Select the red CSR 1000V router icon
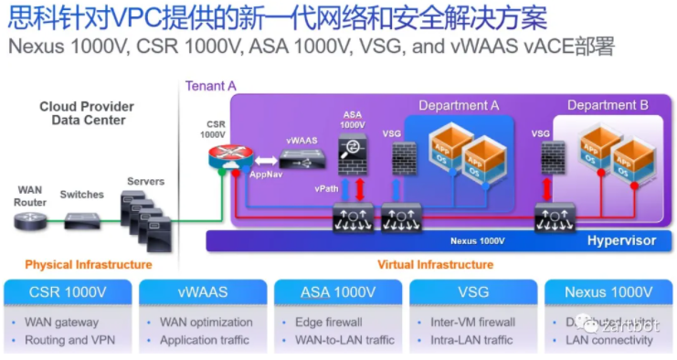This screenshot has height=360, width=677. click(220, 156)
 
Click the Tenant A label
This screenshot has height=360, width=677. click(211, 86)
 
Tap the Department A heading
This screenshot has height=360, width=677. click(459, 105)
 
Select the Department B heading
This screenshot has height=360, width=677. click(608, 105)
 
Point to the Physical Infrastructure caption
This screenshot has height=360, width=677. click(88, 265)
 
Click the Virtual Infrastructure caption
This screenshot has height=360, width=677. click(435, 265)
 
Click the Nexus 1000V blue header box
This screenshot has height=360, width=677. click(608, 292)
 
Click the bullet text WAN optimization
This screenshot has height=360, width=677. click(206, 323)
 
